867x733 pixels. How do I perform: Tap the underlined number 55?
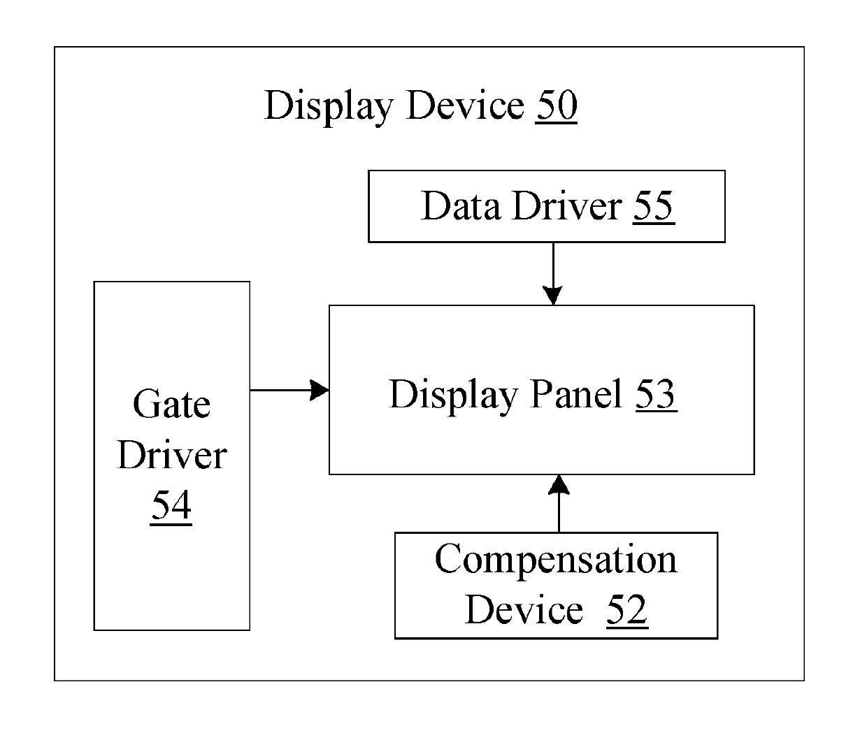(654, 206)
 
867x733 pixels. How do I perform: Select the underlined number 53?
(657, 394)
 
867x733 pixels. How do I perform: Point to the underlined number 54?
(171, 506)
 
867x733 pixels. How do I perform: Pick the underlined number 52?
(627, 610)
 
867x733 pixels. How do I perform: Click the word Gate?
(171, 404)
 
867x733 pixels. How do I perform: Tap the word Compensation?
(556, 560)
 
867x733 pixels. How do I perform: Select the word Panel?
(576, 393)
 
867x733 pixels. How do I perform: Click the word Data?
(461, 205)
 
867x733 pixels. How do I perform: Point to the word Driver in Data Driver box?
(566, 205)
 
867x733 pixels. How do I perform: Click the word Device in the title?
(465, 105)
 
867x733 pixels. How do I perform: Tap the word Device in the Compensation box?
(524, 610)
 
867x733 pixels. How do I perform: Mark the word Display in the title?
(329, 108)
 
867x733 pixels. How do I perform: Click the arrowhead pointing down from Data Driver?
(553, 296)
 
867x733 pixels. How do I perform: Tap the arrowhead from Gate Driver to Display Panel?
(320, 390)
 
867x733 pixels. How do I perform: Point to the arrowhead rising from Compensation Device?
(559, 484)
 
